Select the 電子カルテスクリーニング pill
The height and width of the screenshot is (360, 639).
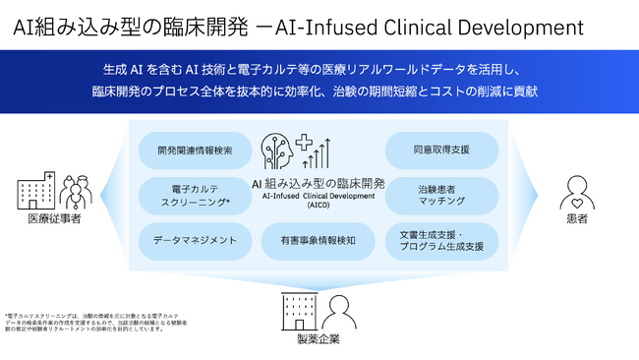tap(195, 196)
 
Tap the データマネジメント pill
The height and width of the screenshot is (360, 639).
tap(195, 240)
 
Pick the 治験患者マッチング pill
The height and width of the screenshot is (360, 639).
tap(441, 196)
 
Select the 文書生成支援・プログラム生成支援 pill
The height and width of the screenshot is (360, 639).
tap(441, 240)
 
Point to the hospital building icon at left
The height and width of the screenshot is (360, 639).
tap(33, 190)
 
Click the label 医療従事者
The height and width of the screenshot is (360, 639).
tap(54, 219)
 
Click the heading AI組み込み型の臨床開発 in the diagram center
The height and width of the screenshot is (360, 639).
tap(319, 183)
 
